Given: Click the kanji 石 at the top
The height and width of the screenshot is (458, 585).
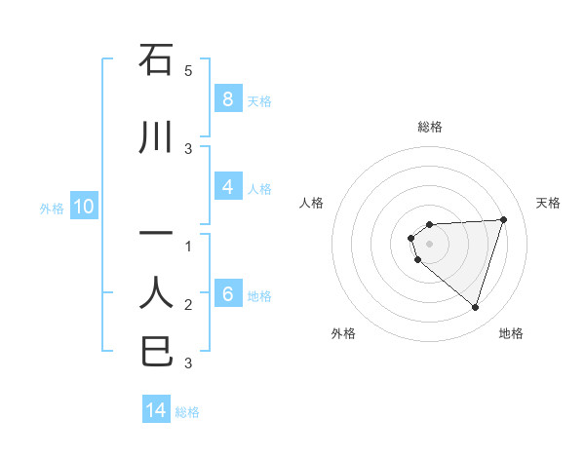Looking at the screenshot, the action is coord(156,60).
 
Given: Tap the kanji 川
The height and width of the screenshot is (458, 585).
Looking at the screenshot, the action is coord(156,138).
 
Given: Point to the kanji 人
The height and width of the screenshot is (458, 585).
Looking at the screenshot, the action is coord(156,292).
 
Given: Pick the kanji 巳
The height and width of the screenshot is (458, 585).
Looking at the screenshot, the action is coord(156,351).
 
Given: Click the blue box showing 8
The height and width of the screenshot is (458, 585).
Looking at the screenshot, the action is coord(227,99).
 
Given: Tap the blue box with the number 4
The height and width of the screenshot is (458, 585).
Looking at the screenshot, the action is coord(227,187).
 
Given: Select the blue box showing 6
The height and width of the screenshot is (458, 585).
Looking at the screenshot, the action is coord(227,294).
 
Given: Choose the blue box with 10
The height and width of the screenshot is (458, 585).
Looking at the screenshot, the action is coord(83,207).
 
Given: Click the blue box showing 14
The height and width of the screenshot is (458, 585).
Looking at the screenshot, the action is coord(156,410).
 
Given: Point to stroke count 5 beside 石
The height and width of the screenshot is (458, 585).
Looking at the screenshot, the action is coord(188,71).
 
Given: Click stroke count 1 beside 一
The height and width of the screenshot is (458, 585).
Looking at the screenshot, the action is coord(188,247).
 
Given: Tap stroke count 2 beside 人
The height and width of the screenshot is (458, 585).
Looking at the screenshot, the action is coord(188,305).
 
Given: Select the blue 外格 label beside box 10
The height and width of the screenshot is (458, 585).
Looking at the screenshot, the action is coord(52,208).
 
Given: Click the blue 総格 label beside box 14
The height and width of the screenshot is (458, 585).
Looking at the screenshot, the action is coord(187,411).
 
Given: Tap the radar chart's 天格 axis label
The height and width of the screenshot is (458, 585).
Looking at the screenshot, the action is coord(549,203).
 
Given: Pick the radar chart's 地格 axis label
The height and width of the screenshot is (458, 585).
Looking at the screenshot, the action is coord(511,333).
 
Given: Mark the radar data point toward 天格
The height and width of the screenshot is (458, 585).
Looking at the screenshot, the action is coord(503,219).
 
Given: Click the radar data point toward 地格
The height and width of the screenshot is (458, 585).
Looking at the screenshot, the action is coord(475,307).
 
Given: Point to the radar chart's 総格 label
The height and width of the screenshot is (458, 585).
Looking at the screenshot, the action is coord(430,127).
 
